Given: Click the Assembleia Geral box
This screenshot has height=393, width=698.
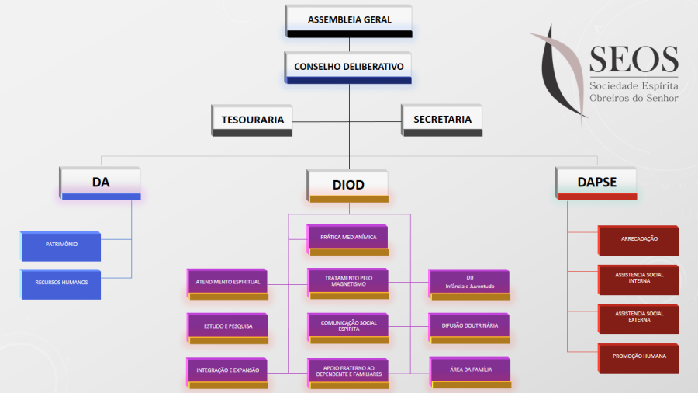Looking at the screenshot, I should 349,20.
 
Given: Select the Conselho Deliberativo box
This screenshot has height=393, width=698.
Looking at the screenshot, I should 349,67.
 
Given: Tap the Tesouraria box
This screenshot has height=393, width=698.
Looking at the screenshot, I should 252,120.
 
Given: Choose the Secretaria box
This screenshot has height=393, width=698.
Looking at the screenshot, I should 442,120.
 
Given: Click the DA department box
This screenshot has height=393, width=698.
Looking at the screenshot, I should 101,183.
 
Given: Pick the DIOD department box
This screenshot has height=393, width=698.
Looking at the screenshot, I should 348,185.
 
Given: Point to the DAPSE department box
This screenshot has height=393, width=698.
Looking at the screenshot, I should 596,183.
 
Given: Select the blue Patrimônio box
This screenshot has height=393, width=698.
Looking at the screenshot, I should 61,245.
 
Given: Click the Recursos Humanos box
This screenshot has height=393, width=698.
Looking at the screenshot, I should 61,283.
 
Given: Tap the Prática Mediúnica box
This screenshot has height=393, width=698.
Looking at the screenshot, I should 348,238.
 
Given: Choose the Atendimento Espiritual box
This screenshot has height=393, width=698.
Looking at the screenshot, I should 228,282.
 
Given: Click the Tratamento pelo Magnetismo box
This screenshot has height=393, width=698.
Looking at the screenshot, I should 348,281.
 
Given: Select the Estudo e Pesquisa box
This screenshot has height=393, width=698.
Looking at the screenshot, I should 228,326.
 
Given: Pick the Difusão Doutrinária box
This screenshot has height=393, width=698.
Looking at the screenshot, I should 470,326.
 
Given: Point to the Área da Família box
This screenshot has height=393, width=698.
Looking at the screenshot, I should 470,370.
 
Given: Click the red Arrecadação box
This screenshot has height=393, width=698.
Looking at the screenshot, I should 639,239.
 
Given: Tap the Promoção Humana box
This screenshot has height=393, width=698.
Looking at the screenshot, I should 639,356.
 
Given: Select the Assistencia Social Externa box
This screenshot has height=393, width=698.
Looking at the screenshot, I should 639,317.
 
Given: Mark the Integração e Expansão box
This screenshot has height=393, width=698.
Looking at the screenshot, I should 228,370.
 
